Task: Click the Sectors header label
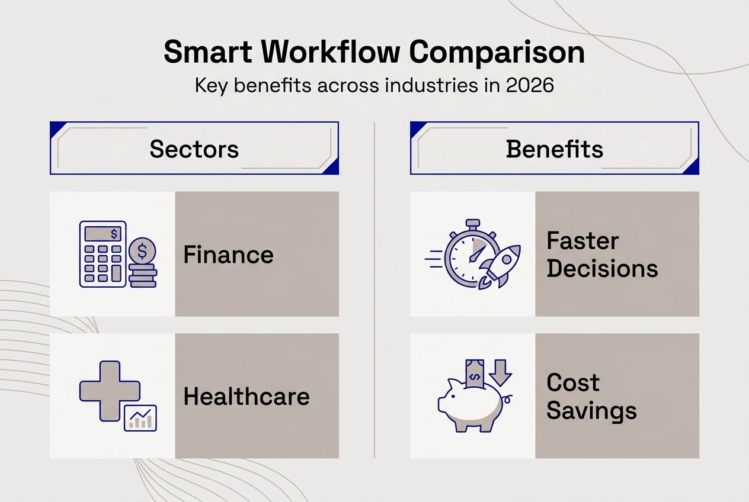tap(194, 149)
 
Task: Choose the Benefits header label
tap(555, 149)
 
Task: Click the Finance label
tap(229, 255)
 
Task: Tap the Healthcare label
tap(247, 396)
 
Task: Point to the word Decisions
tap(602, 268)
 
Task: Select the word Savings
tap(591, 410)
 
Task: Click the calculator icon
tap(103, 255)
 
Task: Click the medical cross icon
tap(109, 390)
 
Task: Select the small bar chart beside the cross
tap(140, 418)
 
